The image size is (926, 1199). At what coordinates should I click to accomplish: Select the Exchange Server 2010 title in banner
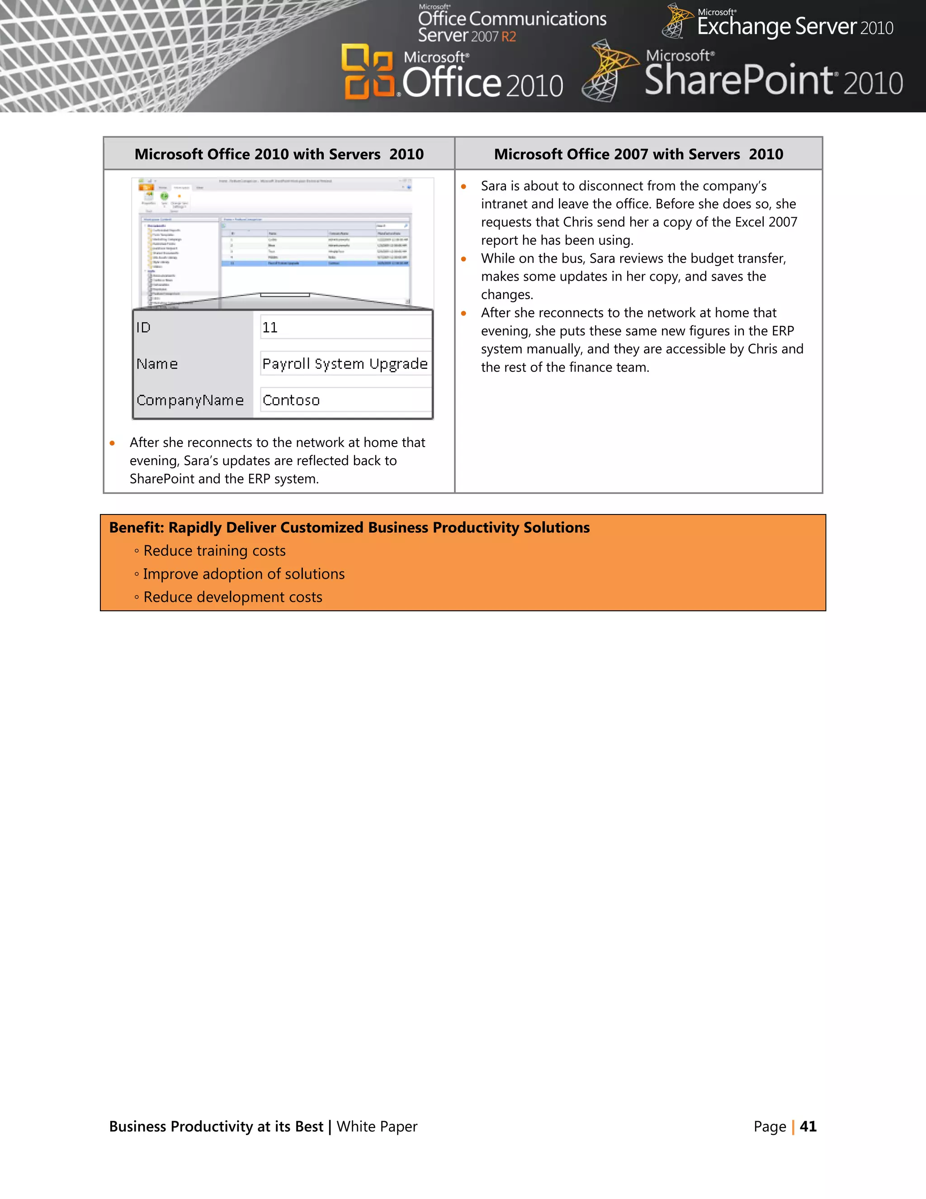click(x=794, y=26)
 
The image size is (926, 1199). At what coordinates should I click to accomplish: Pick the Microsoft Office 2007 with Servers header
click(x=638, y=154)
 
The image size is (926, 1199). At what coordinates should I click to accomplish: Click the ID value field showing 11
click(x=345, y=328)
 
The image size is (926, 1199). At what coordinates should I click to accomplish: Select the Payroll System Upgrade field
click(x=345, y=364)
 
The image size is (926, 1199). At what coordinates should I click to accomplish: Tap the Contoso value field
click(x=345, y=400)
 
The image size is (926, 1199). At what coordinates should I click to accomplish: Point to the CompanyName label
click(x=190, y=400)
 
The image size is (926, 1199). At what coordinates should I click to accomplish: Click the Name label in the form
click(x=157, y=364)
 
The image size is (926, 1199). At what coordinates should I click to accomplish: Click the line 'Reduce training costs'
click(x=214, y=551)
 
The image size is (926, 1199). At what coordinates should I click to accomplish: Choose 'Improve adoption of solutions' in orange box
click(x=244, y=574)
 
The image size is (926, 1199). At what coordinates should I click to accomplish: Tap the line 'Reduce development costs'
click(x=232, y=597)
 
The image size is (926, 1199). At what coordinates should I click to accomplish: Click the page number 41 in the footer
click(x=808, y=1127)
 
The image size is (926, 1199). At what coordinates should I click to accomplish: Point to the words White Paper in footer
click(x=377, y=1127)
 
